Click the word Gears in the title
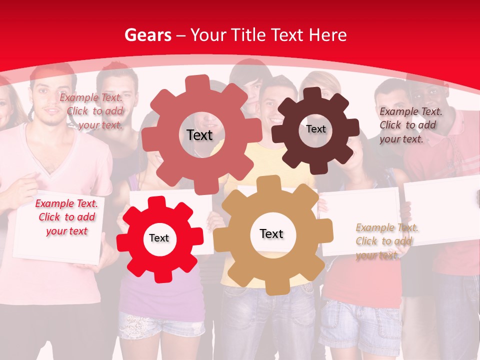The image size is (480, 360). point(145,35)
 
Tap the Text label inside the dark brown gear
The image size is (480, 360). point(315,129)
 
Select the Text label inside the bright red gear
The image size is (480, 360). point(159,238)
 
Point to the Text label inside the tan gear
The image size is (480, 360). point(271,233)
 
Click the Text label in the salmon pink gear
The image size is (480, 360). point(199,135)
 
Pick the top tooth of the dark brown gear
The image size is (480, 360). point(312,94)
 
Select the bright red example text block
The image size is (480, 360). point(66,217)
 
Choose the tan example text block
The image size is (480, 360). point(386,241)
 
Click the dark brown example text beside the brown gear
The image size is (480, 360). point(410,125)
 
